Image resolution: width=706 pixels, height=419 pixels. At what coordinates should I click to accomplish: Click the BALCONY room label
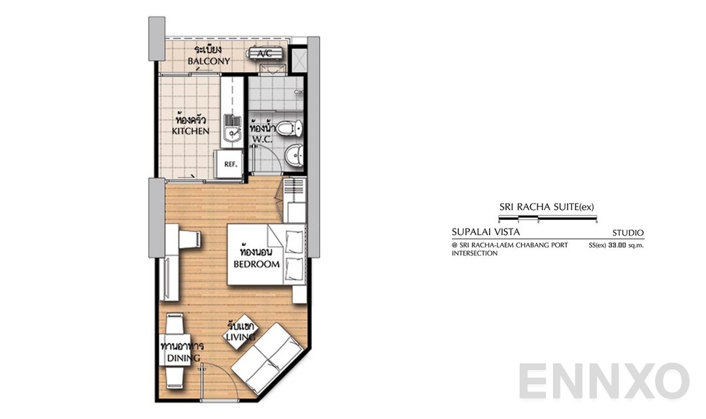[x=209, y=62]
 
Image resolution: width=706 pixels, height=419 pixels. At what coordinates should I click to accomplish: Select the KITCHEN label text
[x=190, y=131]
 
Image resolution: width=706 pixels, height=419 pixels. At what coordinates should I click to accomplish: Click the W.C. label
[x=264, y=139]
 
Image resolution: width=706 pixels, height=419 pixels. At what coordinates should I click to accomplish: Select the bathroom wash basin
[x=295, y=155]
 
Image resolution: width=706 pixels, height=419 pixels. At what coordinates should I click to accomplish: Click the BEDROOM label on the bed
[x=256, y=264]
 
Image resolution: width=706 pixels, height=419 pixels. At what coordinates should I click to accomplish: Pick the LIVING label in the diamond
[x=240, y=336]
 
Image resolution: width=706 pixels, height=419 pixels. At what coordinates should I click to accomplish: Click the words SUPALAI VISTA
[x=484, y=232]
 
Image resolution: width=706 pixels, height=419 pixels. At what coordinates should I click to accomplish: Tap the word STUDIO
[x=628, y=233]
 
